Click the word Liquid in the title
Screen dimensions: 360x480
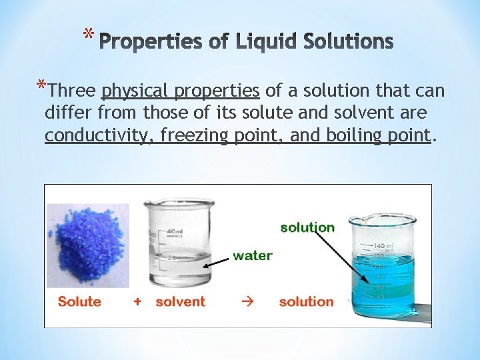click(x=265, y=42)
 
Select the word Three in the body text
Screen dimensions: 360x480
click(x=73, y=91)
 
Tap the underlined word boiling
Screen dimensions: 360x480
click(x=352, y=135)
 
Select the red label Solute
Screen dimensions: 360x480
click(x=79, y=301)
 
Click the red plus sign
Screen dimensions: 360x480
click(x=137, y=301)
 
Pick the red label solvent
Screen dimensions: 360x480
click(x=180, y=301)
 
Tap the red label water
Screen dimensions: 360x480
click(x=252, y=255)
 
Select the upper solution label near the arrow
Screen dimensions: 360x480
click(x=307, y=227)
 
